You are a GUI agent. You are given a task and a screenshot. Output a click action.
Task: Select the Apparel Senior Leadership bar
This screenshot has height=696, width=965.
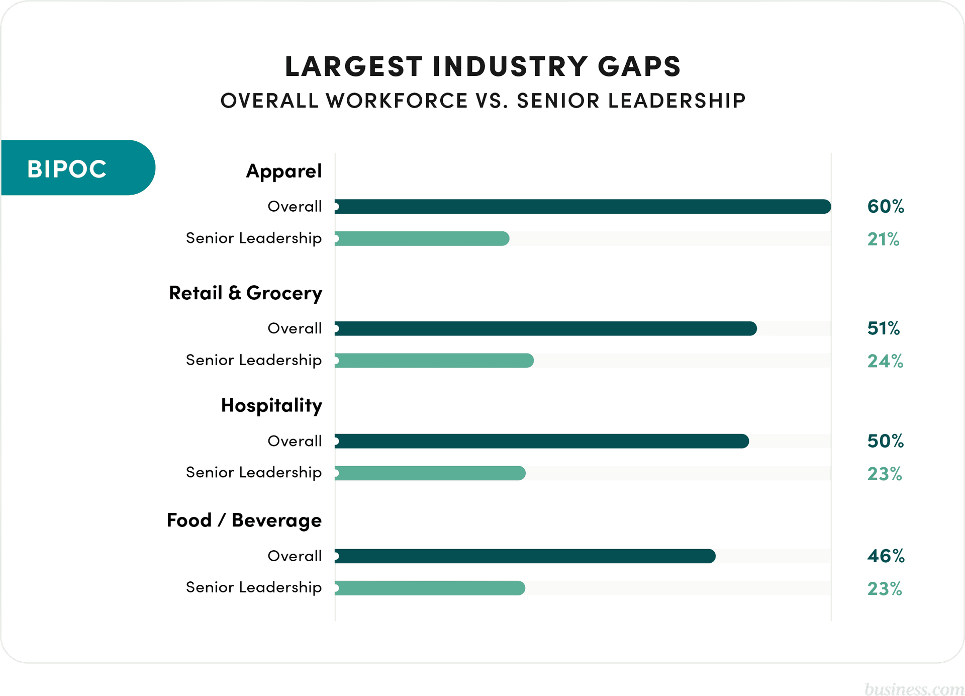(x=422, y=239)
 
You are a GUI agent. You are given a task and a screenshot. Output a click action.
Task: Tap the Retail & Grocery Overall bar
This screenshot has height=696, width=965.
(x=545, y=329)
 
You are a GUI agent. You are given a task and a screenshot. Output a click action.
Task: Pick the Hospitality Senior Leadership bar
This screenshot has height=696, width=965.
(x=430, y=473)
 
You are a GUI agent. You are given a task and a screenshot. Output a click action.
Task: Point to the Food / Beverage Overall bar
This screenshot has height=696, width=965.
(x=525, y=556)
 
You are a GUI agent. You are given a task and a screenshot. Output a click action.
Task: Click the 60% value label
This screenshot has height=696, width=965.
(x=886, y=207)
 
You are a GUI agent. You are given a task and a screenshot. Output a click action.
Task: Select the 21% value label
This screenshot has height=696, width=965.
(x=883, y=239)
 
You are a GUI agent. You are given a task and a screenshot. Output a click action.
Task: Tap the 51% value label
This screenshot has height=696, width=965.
(x=883, y=329)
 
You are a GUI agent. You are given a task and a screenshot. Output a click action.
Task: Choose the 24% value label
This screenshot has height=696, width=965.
(x=885, y=361)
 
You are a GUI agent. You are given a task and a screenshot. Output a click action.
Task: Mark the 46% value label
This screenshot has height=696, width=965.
(x=886, y=556)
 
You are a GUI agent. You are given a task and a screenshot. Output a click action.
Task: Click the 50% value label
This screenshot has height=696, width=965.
(x=885, y=441)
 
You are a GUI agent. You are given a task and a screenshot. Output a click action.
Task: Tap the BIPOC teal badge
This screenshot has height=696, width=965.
(x=75, y=168)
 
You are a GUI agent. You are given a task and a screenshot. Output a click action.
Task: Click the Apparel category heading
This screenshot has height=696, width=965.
(x=283, y=171)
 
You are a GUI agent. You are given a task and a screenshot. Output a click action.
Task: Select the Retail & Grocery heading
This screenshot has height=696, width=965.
(x=245, y=293)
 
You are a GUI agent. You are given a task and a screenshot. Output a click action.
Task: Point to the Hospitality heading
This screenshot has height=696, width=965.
(x=271, y=405)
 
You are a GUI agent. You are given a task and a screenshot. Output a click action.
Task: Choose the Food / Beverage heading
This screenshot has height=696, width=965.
(x=244, y=520)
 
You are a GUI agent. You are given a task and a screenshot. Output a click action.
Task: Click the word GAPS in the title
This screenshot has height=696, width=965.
(x=639, y=67)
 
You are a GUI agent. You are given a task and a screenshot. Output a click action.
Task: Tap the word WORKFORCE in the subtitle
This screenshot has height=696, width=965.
(x=397, y=101)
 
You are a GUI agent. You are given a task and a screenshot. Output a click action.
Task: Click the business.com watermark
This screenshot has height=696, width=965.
(x=914, y=688)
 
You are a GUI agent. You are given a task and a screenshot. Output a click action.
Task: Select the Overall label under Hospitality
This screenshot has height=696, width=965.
(x=295, y=441)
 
